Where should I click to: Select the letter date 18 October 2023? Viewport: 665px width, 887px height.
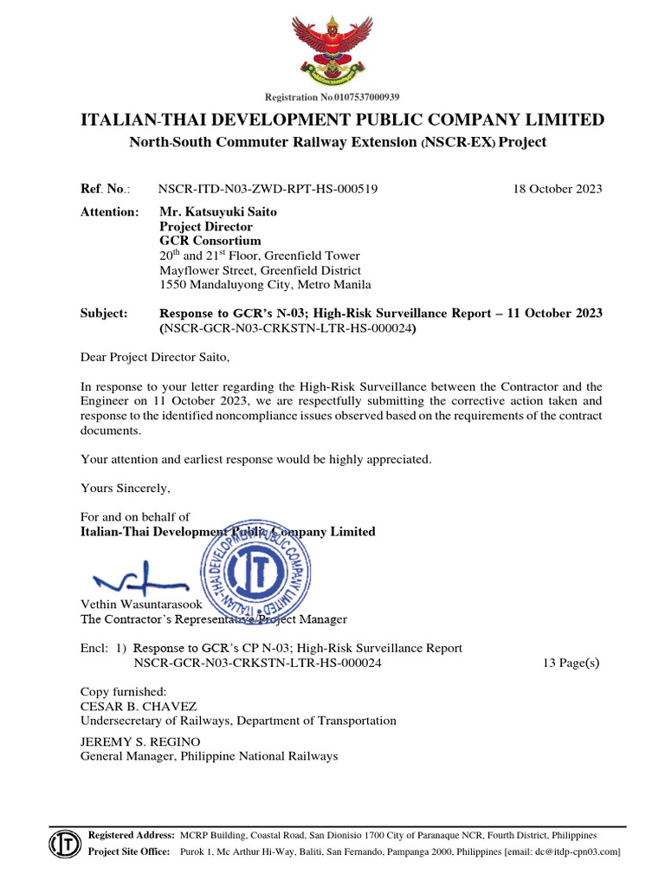552,189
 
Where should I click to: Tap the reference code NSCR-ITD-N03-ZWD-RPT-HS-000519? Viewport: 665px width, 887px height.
268,189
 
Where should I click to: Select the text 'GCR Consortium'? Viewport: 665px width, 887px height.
210,241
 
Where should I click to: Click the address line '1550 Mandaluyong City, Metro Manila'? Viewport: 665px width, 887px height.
266,284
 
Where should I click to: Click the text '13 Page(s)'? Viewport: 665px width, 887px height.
569,664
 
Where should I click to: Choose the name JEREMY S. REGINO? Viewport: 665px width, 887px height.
140,742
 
